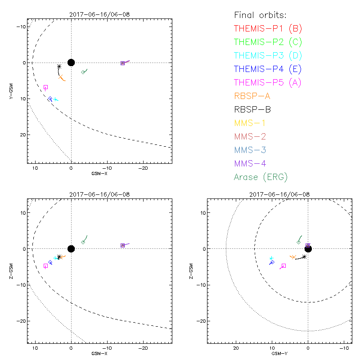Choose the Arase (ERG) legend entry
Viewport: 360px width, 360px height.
pos(261,177)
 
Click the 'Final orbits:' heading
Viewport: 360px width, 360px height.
pos(260,15)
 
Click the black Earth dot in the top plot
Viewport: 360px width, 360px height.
pos(71,63)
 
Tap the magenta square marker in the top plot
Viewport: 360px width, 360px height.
pos(45,87)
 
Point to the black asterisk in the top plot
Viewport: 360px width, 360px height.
pos(59,67)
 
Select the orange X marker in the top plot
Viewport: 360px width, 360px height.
pos(60,77)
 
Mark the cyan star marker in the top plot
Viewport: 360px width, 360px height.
pos(55,99)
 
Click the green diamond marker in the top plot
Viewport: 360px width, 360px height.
pos(83,72)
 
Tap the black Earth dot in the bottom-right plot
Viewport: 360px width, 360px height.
pos(308,249)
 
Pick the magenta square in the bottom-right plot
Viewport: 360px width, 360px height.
pos(283,266)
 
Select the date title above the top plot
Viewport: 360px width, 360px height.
pos(99,14)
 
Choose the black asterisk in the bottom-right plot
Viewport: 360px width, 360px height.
pos(304,256)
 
